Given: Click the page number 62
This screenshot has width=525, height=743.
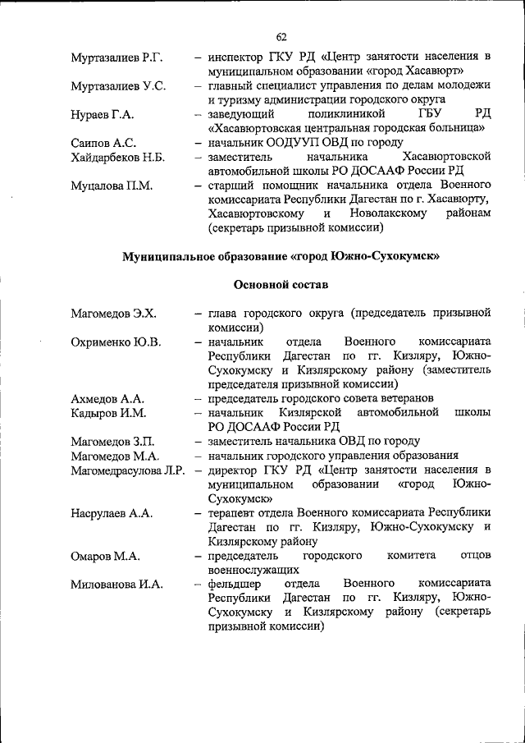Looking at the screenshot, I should point(281,36).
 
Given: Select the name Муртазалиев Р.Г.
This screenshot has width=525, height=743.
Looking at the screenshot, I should point(116,57).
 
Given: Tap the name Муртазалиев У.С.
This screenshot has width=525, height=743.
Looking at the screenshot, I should point(118,85).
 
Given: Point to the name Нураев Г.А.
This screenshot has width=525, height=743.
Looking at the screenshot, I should point(103,114).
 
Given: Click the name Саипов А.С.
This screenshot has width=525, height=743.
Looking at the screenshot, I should point(103,143).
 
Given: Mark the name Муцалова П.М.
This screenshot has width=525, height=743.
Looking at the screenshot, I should point(112,186).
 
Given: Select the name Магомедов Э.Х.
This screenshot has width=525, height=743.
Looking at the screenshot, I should point(113,314).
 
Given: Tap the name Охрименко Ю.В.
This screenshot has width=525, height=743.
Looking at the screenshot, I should point(116,342).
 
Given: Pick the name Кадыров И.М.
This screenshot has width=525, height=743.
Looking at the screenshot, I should point(108,413).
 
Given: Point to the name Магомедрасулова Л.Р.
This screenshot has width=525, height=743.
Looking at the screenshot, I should point(127,470).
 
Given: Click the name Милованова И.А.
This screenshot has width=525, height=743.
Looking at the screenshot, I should point(116,585).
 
